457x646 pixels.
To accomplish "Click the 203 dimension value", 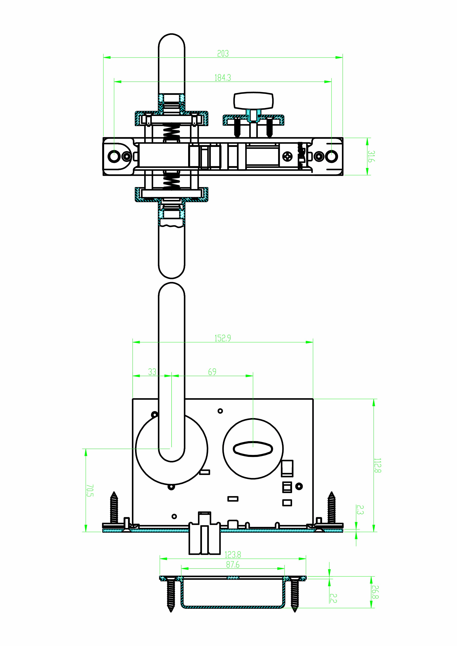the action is (x=223, y=53).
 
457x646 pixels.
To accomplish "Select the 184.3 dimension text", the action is (x=223, y=78).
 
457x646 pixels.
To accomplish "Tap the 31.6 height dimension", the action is (x=371, y=157).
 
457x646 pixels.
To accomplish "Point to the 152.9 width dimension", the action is (x=223, y=338).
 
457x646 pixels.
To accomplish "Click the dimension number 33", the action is (x=152, y=372).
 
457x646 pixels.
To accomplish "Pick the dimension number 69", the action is (x=212, y=372).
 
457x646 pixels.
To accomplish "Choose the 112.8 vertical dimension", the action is (x=378, y=465).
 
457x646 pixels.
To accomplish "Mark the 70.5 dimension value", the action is (x=90, y=490).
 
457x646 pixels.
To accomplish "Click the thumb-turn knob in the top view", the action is (x=253, y=101).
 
